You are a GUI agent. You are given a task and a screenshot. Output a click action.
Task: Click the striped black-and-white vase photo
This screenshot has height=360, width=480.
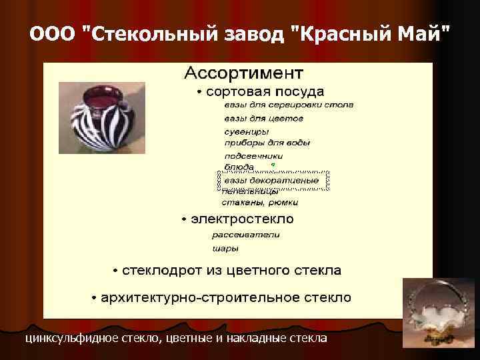(x=101, y=117)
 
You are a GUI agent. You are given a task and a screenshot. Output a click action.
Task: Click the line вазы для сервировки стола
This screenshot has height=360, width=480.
(x=288, y=105)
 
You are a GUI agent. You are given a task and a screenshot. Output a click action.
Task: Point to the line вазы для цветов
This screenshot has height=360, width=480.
(x=263, y=118)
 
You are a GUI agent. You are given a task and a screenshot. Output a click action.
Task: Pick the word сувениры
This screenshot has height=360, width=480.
(x=246, y=131)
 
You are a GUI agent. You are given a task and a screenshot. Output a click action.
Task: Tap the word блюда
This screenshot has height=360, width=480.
(x=239, y=167)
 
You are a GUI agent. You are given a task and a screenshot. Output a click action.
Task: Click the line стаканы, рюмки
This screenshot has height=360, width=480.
(x=259, y=202)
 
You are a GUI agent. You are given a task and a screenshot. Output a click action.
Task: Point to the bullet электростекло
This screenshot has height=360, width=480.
(x=242, y=219)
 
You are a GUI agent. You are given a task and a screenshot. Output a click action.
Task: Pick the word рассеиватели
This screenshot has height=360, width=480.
(x=246, y=235)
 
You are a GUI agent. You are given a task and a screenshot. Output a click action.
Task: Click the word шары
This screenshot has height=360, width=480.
(x=225, y=249)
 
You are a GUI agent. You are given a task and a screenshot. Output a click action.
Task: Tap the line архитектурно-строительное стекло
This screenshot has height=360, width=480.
(x=226, y=297)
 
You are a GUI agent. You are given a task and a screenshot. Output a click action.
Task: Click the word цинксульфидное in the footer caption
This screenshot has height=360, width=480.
(x=73, y=339)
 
